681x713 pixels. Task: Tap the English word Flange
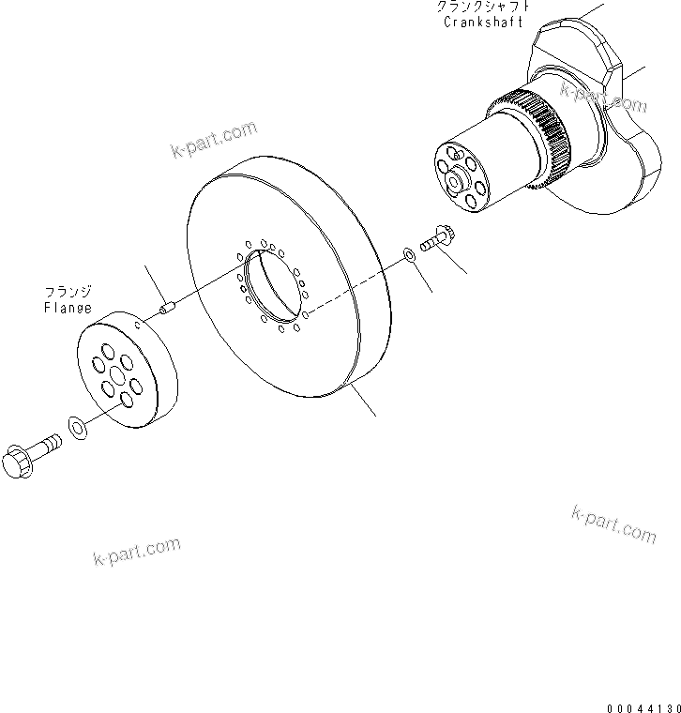tap(68, 307)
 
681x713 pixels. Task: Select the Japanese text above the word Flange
tap(68, 292)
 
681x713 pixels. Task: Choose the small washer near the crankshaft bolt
tap(409, 254)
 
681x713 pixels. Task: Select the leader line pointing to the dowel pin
tap(154, 281)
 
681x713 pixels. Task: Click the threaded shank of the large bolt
tap(47, 444)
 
